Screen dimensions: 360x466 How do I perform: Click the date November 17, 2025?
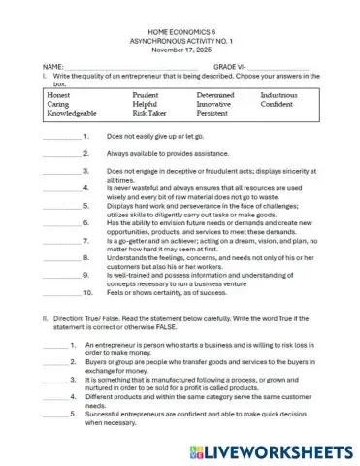click(181, 54)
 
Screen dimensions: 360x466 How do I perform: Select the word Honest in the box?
click(59, 96)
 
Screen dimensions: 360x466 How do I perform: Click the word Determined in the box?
click(215, 96)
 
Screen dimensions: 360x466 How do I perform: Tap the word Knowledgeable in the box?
click(72, 114)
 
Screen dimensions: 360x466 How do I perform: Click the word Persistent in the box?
click(213, 114)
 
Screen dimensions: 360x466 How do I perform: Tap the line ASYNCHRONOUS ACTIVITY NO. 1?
click(181, 46)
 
